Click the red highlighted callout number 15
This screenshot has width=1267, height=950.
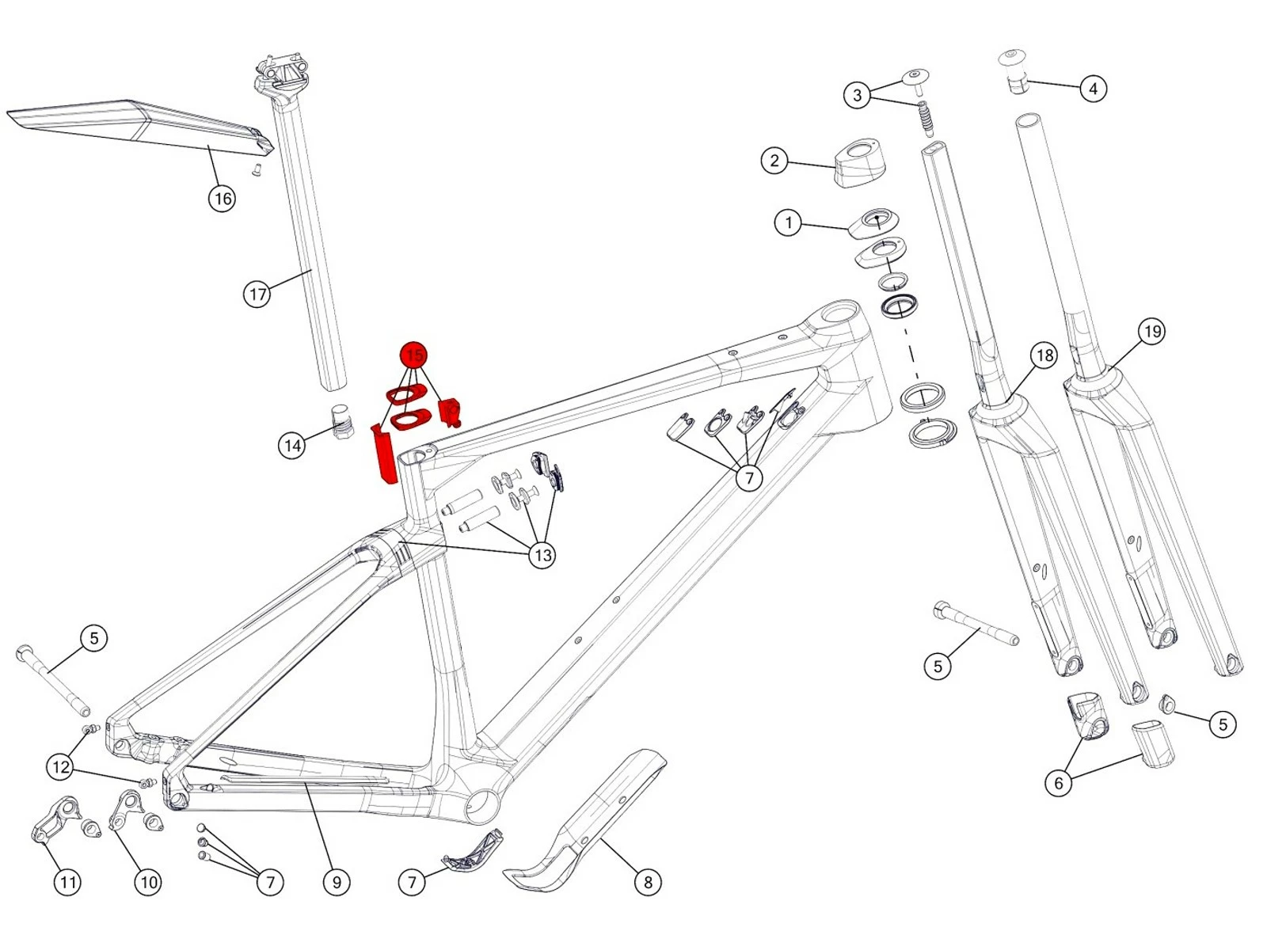pyautogui.click(x=414, y=355)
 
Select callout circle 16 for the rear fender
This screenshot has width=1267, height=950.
pyautogui.click(x=223, y=198)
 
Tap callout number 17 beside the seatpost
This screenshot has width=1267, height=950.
pyautogui.click(x=257, y=294)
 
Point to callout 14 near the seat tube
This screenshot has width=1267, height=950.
pyautogui.click(x=292, y=446)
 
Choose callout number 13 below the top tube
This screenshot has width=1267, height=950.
pyautogui.click(x=542, y=555)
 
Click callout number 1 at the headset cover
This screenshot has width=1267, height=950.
pyautogui.click(x=788, y=222)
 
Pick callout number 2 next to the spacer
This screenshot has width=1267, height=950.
pyautogui.click(x=774, y=161)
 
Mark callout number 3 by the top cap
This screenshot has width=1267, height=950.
pyautogui.click(x=857, y=95)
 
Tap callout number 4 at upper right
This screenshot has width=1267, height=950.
pyautogui.click(x=1094, y=88)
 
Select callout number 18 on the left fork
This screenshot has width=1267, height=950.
pyautogui.click(x=1044, y=355)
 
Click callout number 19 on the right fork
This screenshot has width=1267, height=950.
pyautogui.click(x=1152, y=331)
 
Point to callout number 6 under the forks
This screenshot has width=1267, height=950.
pyautogui.click(x=1059, y=783)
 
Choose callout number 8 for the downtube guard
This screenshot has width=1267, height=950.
pyautogui.click(x=648, y=882)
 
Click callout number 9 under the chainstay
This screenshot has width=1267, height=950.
pyautogui.click(x=337, y=882)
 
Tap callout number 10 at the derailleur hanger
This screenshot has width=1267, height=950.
pyautogui.click(x=148, y=882)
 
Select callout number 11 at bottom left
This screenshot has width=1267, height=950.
pyautogui.click(x=67, y=882)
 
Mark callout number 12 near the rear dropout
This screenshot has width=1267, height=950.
pyautogui.click(x=61, y=766)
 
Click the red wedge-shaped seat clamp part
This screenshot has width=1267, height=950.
pyautogui.click(x=386, y=455)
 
